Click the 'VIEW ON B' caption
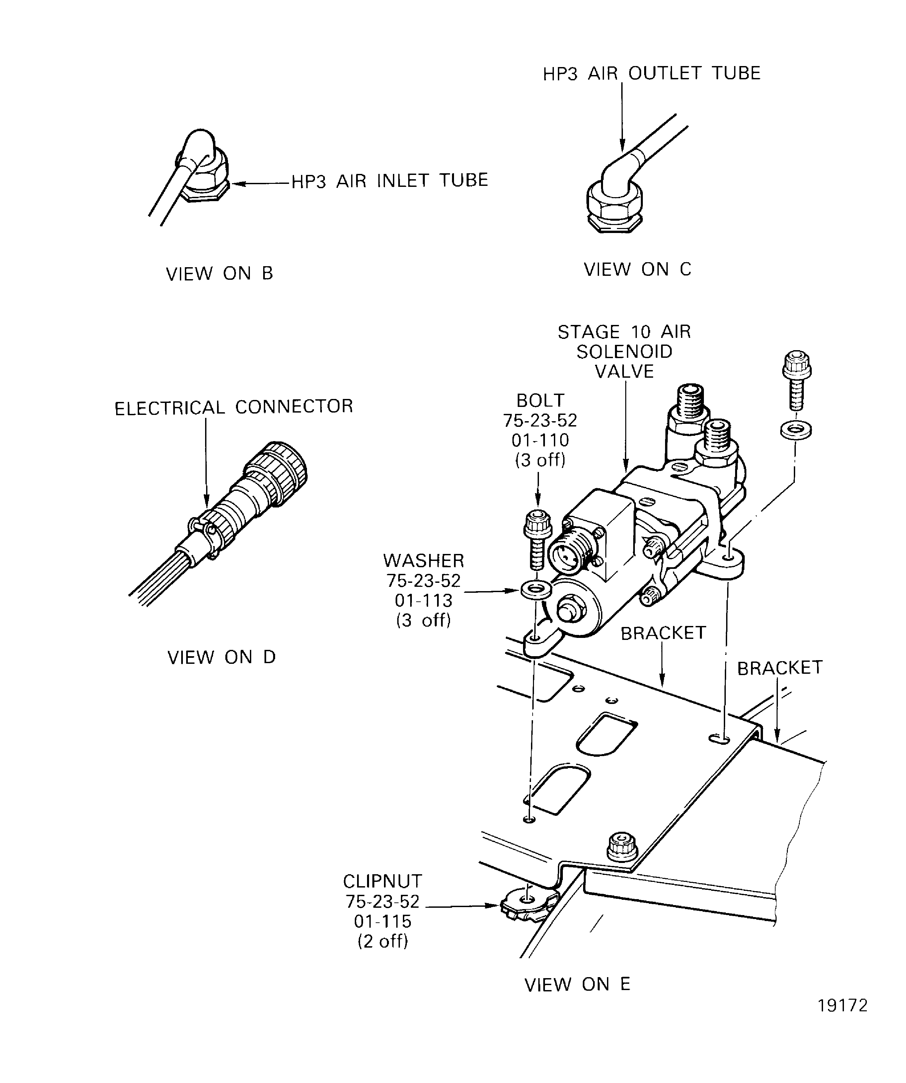click(219, 273)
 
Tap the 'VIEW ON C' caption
click(637, 269)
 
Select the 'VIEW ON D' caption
click(221, 658)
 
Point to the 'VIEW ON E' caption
click(577, 984)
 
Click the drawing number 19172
click(843, 1020)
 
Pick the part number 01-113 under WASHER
click(423, 601)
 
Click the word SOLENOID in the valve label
click(625, 352)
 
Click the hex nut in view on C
click(615, 206)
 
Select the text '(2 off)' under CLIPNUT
click(383, 941)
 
